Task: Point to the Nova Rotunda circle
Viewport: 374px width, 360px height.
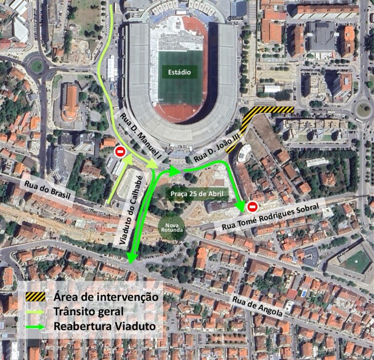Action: (x=171, y=227)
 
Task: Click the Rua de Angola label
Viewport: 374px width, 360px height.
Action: (x=258, y=306)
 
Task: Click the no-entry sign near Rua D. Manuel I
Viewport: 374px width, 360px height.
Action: (x=120, y=152)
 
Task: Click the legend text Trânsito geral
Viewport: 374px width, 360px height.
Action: (x=89, y=311)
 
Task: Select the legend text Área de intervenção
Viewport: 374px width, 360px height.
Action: (x=106, y=296)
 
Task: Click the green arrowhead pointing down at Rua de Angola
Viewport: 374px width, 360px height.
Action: (x=131, y=259)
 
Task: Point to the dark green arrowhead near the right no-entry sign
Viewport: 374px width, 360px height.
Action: (x=240, y=206)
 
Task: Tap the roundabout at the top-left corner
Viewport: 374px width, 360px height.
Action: (x=37, y=66)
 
